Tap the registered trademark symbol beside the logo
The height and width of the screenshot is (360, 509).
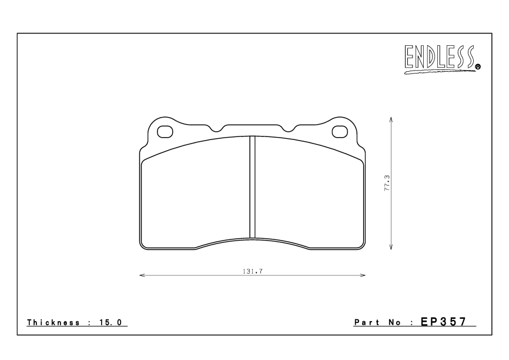click(x=478, y=67)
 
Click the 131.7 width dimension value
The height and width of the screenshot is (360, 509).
click(x=251, y=271)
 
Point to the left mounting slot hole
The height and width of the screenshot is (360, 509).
click(x=166, y=131)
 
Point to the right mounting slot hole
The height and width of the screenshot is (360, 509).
click(x=339, y=131)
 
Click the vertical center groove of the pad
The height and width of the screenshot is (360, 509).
click(x=252, y=187)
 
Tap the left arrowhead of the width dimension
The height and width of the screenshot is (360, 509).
click(x=142, y=275)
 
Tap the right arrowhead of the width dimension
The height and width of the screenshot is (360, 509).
click(x=363, y=275)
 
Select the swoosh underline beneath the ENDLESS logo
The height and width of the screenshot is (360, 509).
click(x=438, y=71)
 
